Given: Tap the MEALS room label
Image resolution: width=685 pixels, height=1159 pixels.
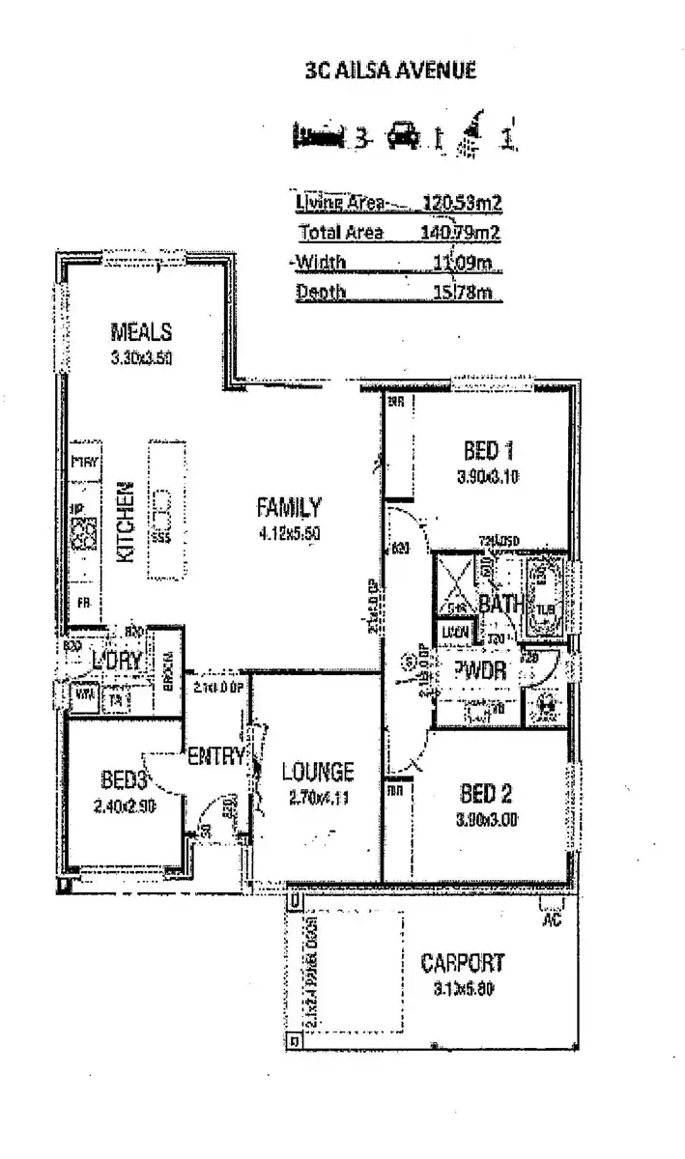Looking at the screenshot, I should (x=141, y=332).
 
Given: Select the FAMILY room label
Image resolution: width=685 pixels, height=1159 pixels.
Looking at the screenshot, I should (x=288, y=506).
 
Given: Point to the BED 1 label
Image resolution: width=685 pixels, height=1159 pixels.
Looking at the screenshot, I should (x=481, y=450).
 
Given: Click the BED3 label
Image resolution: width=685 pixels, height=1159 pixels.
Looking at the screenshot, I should (x=123, y=779).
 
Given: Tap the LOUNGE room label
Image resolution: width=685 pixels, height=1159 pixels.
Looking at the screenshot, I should (x=317, y=772).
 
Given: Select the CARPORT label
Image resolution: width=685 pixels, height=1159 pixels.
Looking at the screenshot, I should (x=462, y=963).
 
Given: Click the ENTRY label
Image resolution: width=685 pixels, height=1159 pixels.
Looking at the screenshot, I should (x=216, y=756).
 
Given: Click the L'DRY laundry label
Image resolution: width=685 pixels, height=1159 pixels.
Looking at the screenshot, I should (x=118, y=661).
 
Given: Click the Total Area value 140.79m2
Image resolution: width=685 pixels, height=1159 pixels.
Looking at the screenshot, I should (x=462, y=232).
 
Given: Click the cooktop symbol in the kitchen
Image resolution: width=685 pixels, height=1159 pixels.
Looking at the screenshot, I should (x=84, y=532).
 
